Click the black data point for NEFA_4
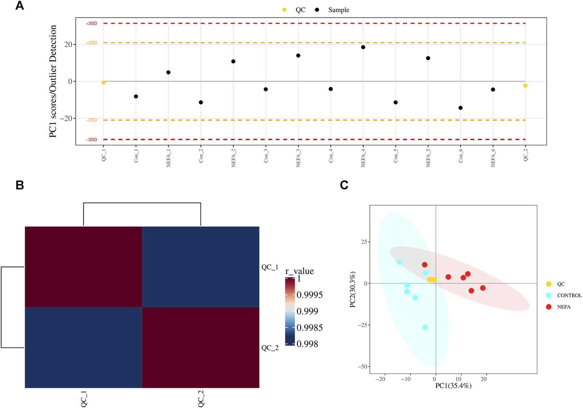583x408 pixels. [x=363, y=47]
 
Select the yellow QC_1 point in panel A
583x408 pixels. [x=103, y=82]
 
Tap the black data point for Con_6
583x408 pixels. [x=460, y=108]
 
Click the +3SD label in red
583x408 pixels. [x=91, y=24]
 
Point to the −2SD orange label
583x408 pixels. [x=91, y=120]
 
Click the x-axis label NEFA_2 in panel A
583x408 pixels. [x=233, y=158]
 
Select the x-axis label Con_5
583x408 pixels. [x=395, y=156]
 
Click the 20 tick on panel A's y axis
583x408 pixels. [x=68, y=44]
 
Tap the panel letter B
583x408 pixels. [x=19, y=185]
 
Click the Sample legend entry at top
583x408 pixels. [x=338, y=10]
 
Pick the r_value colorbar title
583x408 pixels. [x=299, y=271]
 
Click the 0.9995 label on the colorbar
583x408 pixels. [x=309, y=295]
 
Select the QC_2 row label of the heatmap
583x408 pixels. [x=270, y=348]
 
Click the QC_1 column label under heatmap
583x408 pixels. [x=84, y=399]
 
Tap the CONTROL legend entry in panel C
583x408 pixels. [x=569, y=295]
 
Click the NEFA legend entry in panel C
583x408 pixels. [x=564, y=307]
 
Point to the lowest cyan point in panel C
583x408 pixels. [x=425, y=327]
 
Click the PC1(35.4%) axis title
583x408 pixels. [x=453, y=386]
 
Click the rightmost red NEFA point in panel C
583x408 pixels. [x=483, y=288]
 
